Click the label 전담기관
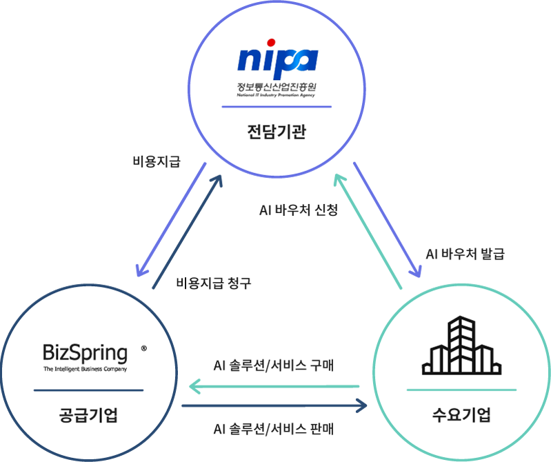point(276,130)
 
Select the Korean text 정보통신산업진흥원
point(276,88)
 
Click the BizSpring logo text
point(86,354)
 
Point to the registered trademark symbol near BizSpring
point(143,349)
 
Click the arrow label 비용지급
point(157,162)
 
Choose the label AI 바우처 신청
point(298,211)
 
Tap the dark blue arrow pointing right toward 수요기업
point(276,405)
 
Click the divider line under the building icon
point(461,390)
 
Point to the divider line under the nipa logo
point(276,107)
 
